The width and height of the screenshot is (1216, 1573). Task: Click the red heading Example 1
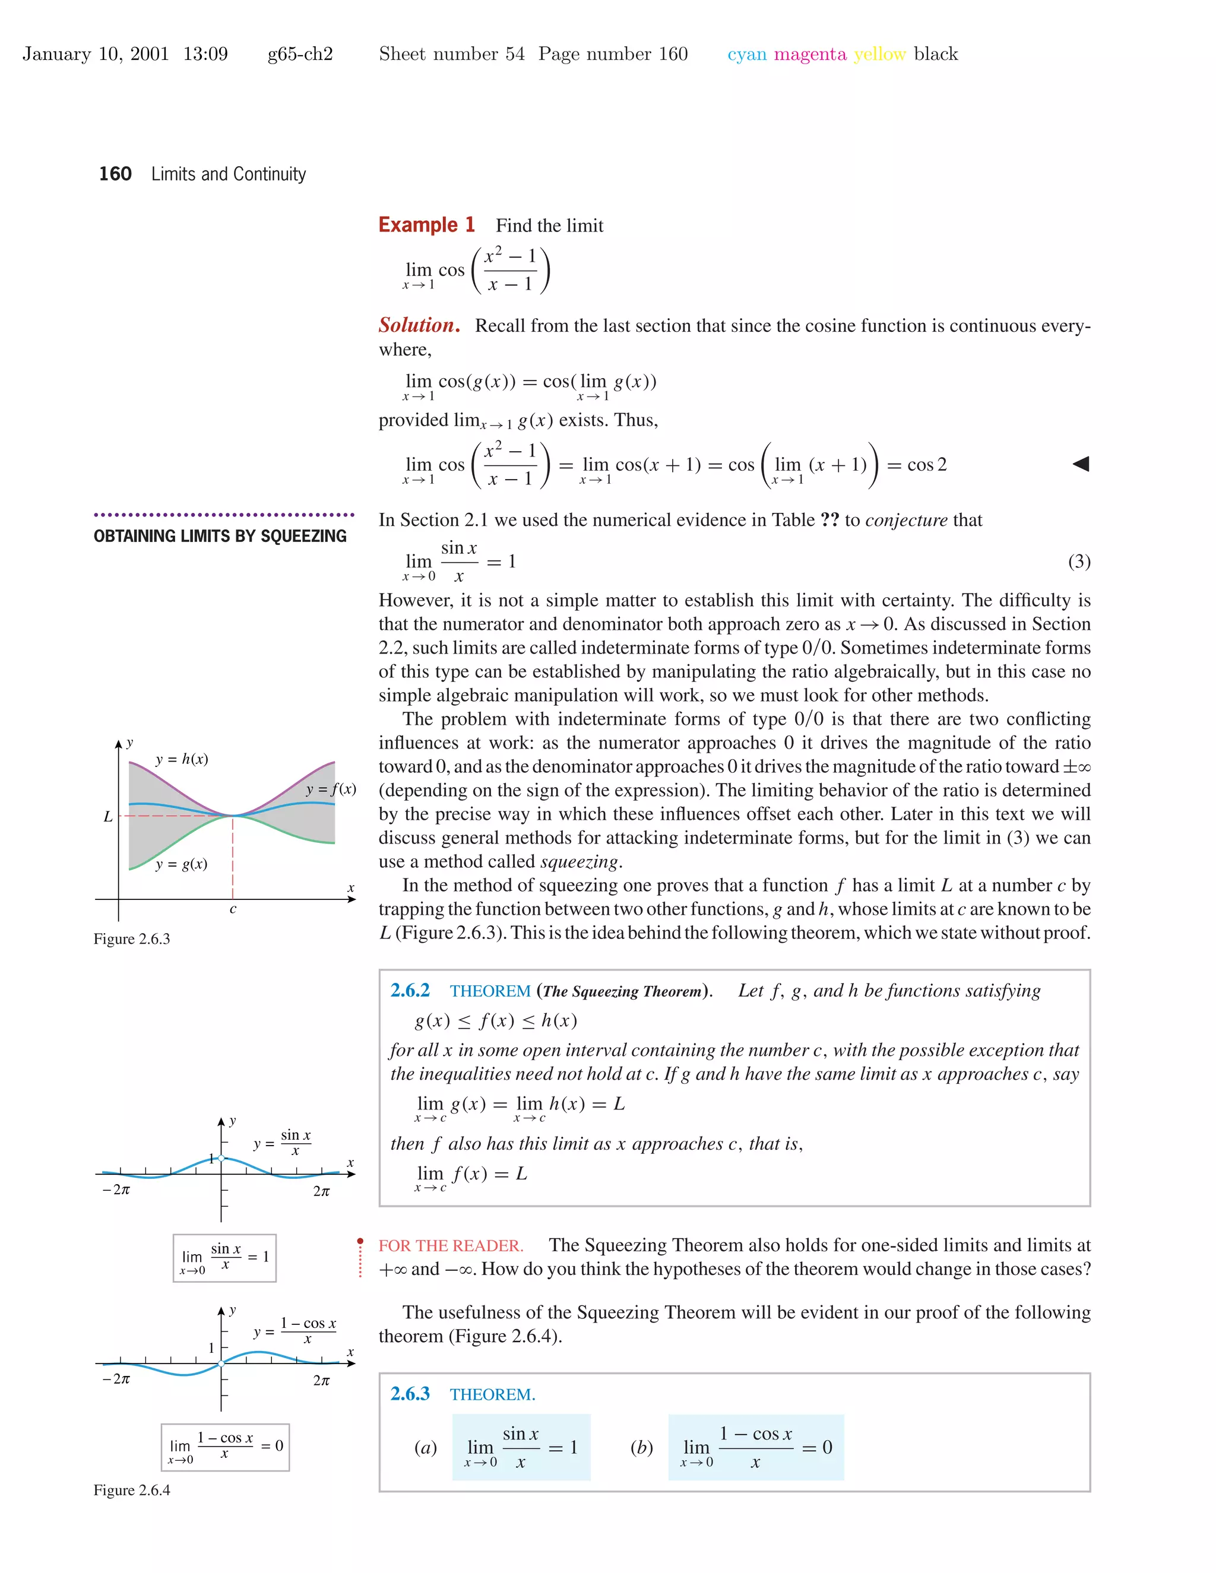point(426,225)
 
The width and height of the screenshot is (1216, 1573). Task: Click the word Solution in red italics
point(419,325)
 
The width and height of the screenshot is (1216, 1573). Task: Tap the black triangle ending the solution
point(1081,464)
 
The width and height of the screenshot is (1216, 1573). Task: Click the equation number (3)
point(1078,561)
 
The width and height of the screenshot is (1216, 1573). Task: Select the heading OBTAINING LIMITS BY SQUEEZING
point(220,536)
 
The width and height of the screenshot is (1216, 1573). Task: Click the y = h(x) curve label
point(182,759)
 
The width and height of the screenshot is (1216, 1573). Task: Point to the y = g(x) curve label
point(182,864)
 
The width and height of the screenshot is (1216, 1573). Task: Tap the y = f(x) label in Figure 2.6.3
point(331,789)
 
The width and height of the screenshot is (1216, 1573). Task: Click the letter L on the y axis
point(108,817)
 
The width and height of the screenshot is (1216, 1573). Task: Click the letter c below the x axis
point(233,909)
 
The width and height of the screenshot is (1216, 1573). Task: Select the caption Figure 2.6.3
point(132,938)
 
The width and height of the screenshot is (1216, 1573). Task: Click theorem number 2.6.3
point(410,1394)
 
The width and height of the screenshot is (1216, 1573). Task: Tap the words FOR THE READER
point(451,1245)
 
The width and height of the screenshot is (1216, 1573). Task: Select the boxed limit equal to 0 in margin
point(226,1446)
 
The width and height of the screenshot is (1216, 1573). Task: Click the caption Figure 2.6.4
point(132,1489)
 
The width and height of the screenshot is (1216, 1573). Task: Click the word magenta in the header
point(810,54)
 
